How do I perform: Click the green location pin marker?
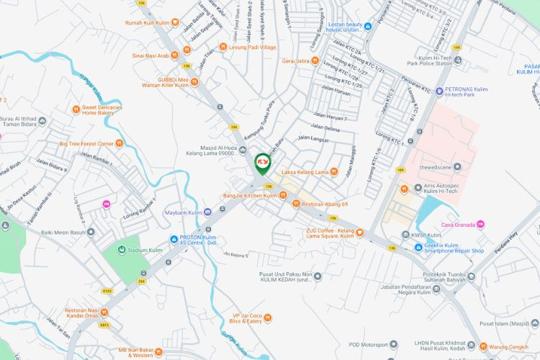point(263,165)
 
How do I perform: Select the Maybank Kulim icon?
point(208,212)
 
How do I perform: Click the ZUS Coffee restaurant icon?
point(361,233)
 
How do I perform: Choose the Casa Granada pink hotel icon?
point(481,225)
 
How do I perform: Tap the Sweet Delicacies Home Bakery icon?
point(76,109)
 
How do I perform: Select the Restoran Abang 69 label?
point(325,204)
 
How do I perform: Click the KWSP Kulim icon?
point(404,235)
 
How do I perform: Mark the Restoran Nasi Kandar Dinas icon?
point(104,312)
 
